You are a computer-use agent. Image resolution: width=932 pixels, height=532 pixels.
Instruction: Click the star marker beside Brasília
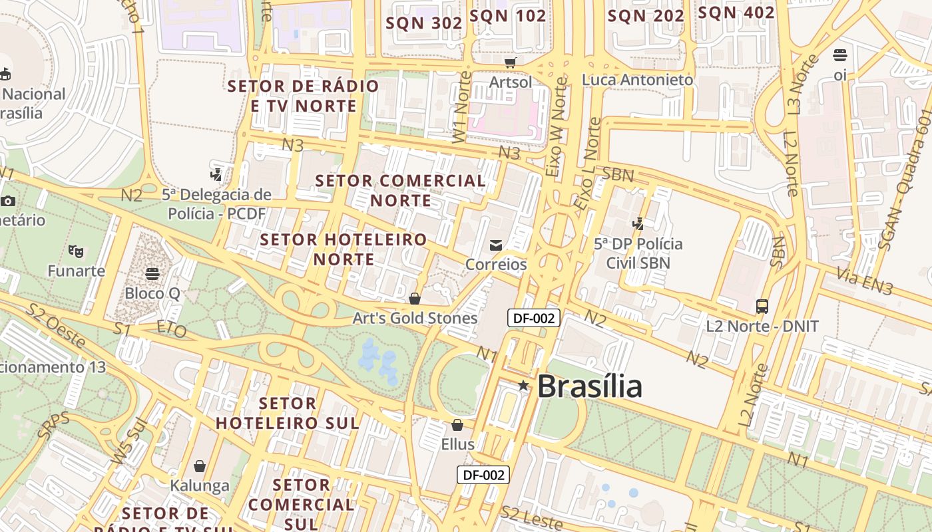click(523, 385)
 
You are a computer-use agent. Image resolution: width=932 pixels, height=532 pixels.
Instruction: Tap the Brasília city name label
click(589, 386)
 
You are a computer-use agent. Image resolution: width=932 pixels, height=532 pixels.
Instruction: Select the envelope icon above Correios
click(496, 245)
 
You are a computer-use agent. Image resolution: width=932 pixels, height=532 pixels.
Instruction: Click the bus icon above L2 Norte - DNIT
click(762, 307)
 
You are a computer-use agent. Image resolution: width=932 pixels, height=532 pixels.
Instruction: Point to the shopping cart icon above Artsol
click(511, 63)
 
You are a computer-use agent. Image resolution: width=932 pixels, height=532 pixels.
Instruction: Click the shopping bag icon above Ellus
click(457, 425)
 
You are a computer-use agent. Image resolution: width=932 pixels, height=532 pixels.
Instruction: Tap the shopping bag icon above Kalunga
click(199, 466)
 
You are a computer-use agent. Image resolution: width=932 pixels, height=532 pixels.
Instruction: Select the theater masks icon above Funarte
click(76, 251)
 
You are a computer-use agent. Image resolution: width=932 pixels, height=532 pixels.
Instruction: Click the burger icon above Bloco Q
click(152, 273)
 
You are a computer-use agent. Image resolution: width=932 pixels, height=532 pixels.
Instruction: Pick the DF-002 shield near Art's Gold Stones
click(534, 318)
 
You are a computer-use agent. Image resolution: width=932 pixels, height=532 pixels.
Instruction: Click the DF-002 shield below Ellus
click(483, 475)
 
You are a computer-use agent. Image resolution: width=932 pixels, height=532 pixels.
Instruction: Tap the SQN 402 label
click(736, 13)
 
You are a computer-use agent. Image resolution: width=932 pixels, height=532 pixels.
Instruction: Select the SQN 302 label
click(424, 23)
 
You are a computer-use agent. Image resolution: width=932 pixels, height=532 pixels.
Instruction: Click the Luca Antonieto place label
click(637, 80)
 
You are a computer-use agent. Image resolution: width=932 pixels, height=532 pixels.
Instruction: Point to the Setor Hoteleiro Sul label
click(287, 413)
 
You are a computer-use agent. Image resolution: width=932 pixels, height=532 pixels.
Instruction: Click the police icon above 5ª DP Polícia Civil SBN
click(638, 224)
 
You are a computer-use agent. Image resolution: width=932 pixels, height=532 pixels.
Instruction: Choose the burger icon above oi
click(840, 55)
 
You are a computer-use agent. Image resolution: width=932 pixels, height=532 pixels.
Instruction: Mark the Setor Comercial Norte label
click(401, 190)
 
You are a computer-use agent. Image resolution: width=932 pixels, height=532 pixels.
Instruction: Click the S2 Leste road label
click(531, 518)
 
